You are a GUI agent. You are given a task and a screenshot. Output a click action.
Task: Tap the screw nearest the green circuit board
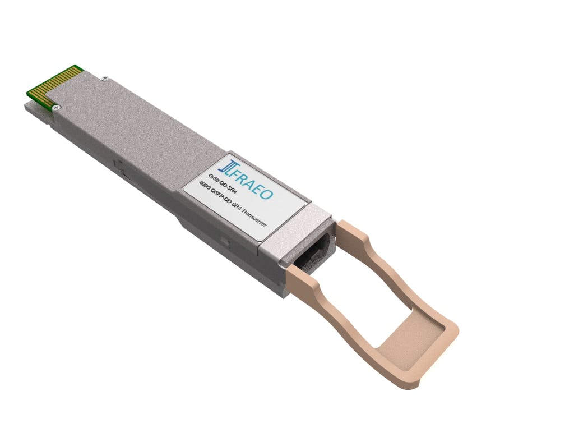(x=54, y=106)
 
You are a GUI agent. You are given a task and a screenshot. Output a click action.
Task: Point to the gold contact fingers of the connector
(x=54, y=84)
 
